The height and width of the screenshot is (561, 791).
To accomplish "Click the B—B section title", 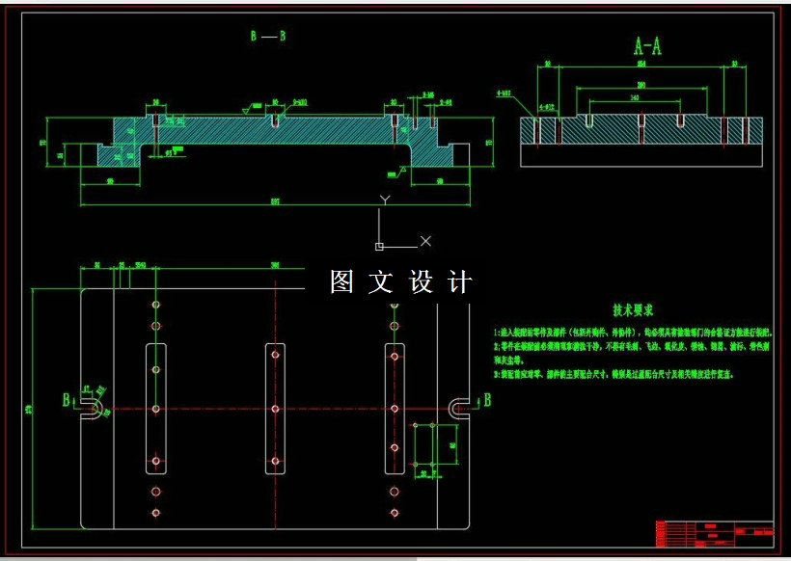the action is coord(267,36).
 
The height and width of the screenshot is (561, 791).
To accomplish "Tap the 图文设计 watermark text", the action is coord(400,281).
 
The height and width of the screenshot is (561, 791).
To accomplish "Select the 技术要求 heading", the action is coord(633,310).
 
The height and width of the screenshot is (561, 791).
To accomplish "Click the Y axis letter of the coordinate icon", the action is coord(384,200).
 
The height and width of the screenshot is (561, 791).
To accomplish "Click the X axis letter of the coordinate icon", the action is coord(425,240).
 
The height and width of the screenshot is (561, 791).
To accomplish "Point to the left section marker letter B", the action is coord(67,398).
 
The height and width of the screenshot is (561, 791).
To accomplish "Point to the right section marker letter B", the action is coord(487,398).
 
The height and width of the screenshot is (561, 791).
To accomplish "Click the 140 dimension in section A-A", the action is coord(634,98).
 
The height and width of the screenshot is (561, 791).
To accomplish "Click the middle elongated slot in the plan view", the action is coord(275,409).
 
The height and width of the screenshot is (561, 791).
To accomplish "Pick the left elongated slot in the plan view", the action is coord(155,409).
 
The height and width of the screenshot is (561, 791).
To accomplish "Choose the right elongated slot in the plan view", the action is coord(395,409).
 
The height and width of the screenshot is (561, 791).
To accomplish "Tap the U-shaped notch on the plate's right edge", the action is coord(458,408).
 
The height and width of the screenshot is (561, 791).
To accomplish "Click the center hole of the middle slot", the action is coord(275,410).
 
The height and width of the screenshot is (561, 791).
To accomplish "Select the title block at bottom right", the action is coord(715,533).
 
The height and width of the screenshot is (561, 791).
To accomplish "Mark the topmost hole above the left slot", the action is coord(155,305).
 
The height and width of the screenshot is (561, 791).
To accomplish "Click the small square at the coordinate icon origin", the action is coord(379,246).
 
